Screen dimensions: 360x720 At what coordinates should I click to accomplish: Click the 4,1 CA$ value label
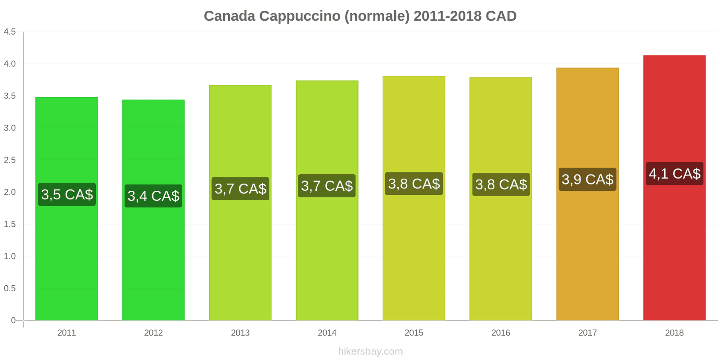pos(674,174)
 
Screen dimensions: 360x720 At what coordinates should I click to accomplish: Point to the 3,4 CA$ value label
pos(153,196)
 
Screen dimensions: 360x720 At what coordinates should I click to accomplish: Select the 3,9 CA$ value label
pos(587,179)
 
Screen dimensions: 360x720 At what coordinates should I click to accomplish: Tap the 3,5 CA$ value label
pos(67,194)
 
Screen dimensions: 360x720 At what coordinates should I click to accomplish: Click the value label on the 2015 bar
pos(414,184)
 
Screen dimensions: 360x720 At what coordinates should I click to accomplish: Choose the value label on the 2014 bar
pos(327,186)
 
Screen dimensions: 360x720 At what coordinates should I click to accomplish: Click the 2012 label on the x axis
pos(153,333)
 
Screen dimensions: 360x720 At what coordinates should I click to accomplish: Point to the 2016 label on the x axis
pos(500,333)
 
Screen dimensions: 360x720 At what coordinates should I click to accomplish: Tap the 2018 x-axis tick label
pos(674,333)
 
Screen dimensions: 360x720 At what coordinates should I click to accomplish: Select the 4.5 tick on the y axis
pos(10,31)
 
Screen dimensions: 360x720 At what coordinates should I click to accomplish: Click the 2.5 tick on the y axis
pos(10,160)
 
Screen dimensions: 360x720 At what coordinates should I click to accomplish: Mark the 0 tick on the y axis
pos(13,320)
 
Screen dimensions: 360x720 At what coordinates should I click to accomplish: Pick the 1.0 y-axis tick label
pos(10,256)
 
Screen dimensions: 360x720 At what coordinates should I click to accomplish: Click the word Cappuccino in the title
pos(300,16)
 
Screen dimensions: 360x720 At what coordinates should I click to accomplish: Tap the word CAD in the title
pos(500,16)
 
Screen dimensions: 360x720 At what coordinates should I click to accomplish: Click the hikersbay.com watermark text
pos(370,351)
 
